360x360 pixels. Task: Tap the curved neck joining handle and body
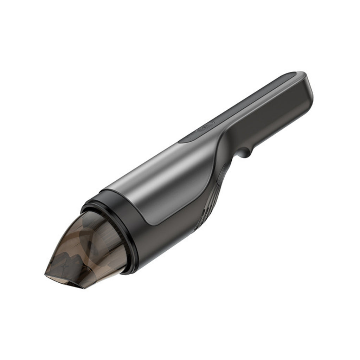click(225, 148)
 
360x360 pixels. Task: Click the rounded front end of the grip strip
click(185, 139)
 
